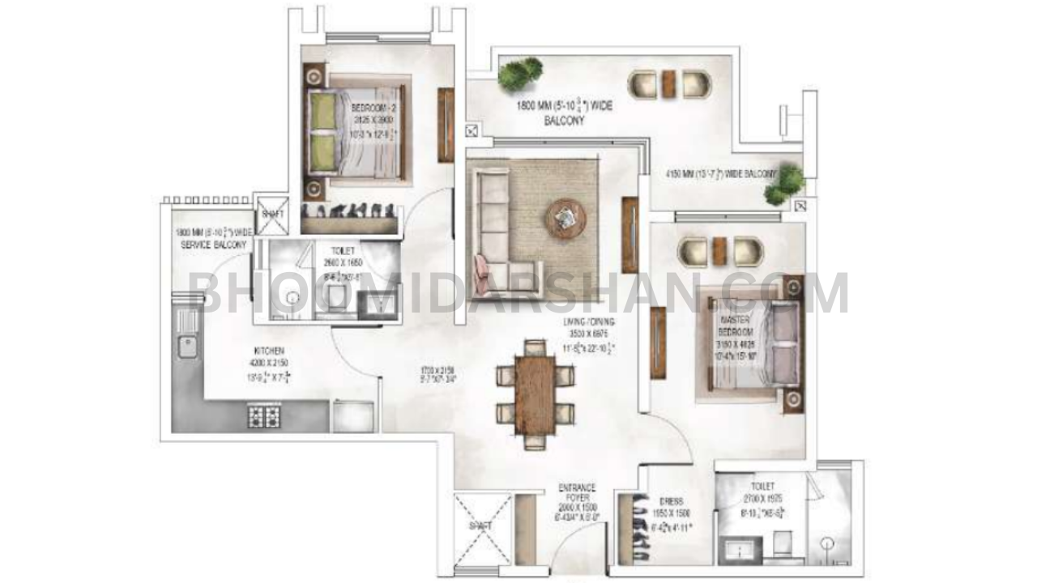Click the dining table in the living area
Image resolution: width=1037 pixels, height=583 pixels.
pos(536,394)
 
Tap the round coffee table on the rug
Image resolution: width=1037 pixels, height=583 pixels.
pos(565,217)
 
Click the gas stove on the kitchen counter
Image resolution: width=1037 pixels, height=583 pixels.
pos(263,416)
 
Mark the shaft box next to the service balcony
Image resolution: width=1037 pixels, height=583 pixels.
pos(270,215)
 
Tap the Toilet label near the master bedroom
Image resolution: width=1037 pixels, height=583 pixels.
pos(762,486)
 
